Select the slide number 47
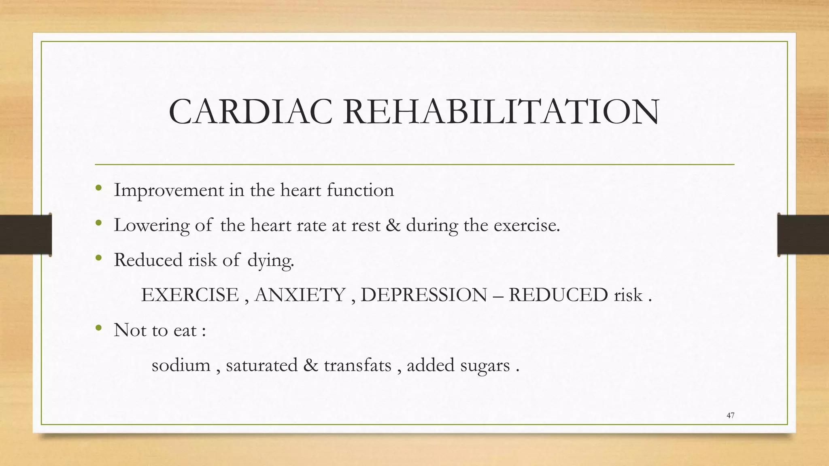(x=730, y=415)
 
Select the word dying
(x=270, y=261)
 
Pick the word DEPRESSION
(x=424, y=295)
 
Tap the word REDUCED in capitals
(x=558, y=295)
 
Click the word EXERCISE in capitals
(x=190, y=295)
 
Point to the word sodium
(x=181, y=365)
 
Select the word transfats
(x=357, y=365)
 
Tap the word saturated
(x=261, y=365)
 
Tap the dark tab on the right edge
(x=803, y=235)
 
